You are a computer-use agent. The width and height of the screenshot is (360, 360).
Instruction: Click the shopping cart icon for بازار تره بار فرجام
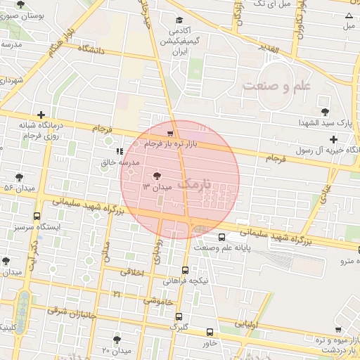pyautogui.click(x=171, y=133)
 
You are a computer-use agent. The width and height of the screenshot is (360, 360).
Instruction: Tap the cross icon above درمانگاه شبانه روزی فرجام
pyautogui.click(x=41, y=115)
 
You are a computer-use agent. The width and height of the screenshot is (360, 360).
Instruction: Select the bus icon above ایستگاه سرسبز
pyautogui.click(x=37, y=217)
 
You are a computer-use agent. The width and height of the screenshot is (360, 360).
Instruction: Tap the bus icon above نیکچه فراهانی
pyautogui.click(x=185, y=270)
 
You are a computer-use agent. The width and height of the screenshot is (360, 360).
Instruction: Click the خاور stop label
pyautogui.click(x=209, y=344)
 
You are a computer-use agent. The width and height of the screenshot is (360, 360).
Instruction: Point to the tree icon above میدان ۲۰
pyautogui.click(x=117, y=340)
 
